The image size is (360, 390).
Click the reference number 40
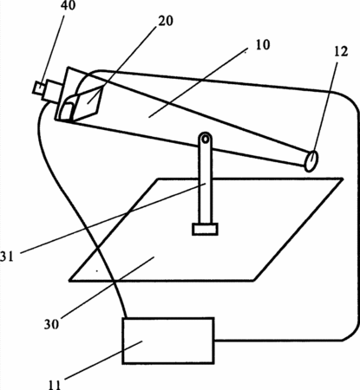tap(68, 5)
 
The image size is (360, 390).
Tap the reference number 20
tap(166, 21)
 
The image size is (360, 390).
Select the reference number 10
tap(263, 45)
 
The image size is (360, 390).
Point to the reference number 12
tap(341, 51)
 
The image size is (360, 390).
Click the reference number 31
tap(7, 257)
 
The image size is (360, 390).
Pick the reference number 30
tap(51, 324)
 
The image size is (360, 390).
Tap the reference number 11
tap(54, 385)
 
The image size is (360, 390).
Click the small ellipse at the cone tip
tap(311, 160)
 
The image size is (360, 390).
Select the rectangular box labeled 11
tap(168, 341)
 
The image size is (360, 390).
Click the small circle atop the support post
tap(205, 139)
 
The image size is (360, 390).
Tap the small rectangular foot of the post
tap(205, 229)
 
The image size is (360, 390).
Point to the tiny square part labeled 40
tap(38, 88)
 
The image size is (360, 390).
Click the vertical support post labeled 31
tap(205, 180)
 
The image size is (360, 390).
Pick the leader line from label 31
tap(113, 218)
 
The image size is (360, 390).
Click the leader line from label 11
tap(103, 360)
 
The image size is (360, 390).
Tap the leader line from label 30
tap(107, 287)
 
